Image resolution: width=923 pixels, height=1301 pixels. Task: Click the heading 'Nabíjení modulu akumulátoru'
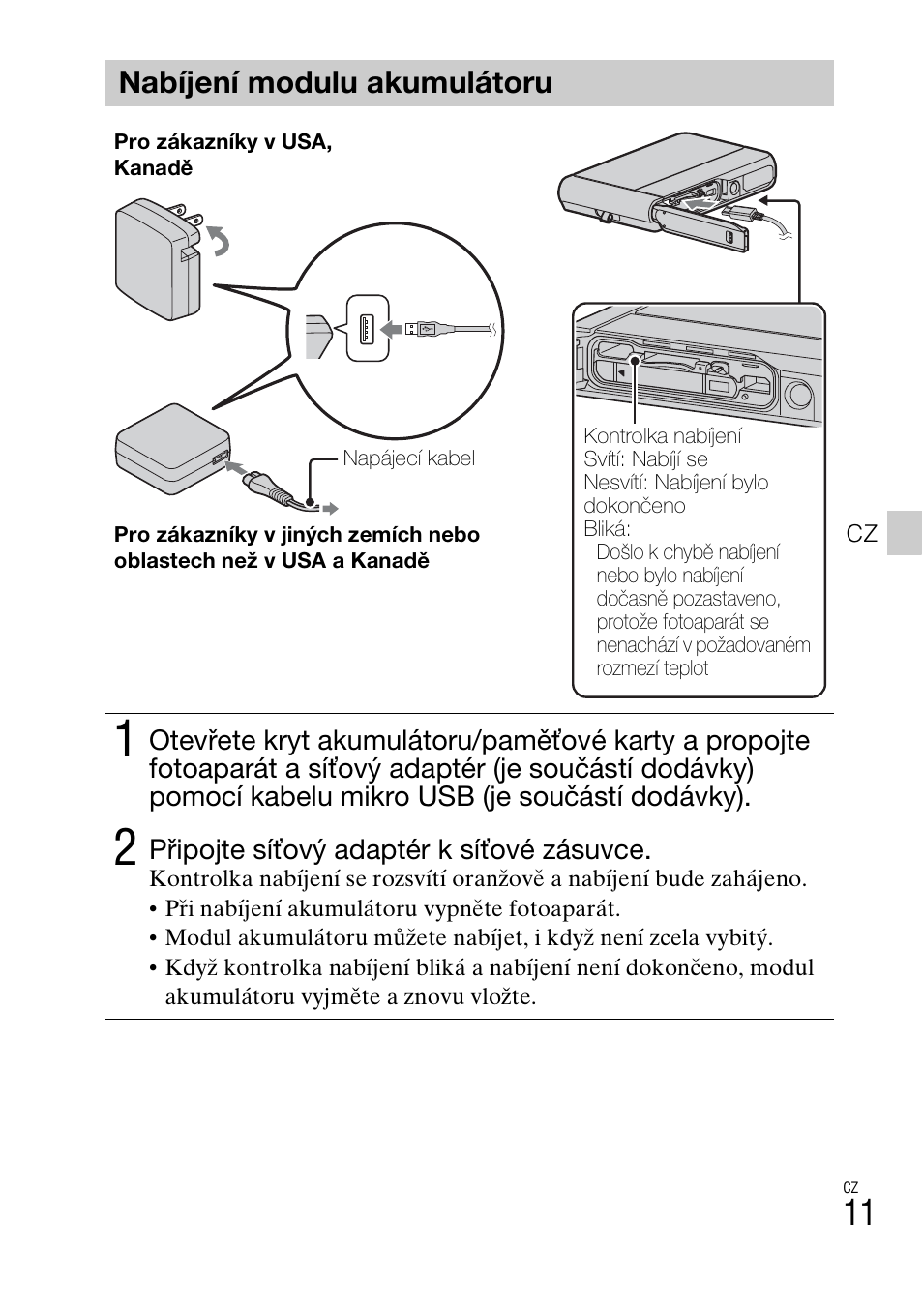(335, 83)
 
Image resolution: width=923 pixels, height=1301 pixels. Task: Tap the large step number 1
(124, 740)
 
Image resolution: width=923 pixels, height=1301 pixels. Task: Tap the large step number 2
(124, 848)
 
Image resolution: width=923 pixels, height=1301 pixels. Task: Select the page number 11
(858, 1213)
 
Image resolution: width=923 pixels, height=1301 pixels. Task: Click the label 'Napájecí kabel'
(408, 458)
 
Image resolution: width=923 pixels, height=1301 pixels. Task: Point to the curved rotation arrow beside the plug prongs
(220, 240)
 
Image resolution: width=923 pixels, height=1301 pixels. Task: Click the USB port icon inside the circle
(368, 329)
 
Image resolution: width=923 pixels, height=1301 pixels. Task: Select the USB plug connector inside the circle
(425, 330)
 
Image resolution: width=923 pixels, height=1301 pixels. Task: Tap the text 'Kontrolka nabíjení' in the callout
(663, 436)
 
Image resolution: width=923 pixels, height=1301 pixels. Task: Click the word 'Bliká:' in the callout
(607, 529)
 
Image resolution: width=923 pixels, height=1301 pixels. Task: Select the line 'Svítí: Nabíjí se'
(645, 459)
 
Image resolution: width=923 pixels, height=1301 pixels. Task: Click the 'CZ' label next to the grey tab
(861, 534)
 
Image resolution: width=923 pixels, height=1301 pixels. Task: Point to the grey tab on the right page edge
(906, 533)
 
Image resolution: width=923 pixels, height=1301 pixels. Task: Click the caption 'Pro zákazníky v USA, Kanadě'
(223, 155)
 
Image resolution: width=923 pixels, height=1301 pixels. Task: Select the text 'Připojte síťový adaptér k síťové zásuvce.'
(400, 849)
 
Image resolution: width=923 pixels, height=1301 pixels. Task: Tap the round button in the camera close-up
(798, 395)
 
